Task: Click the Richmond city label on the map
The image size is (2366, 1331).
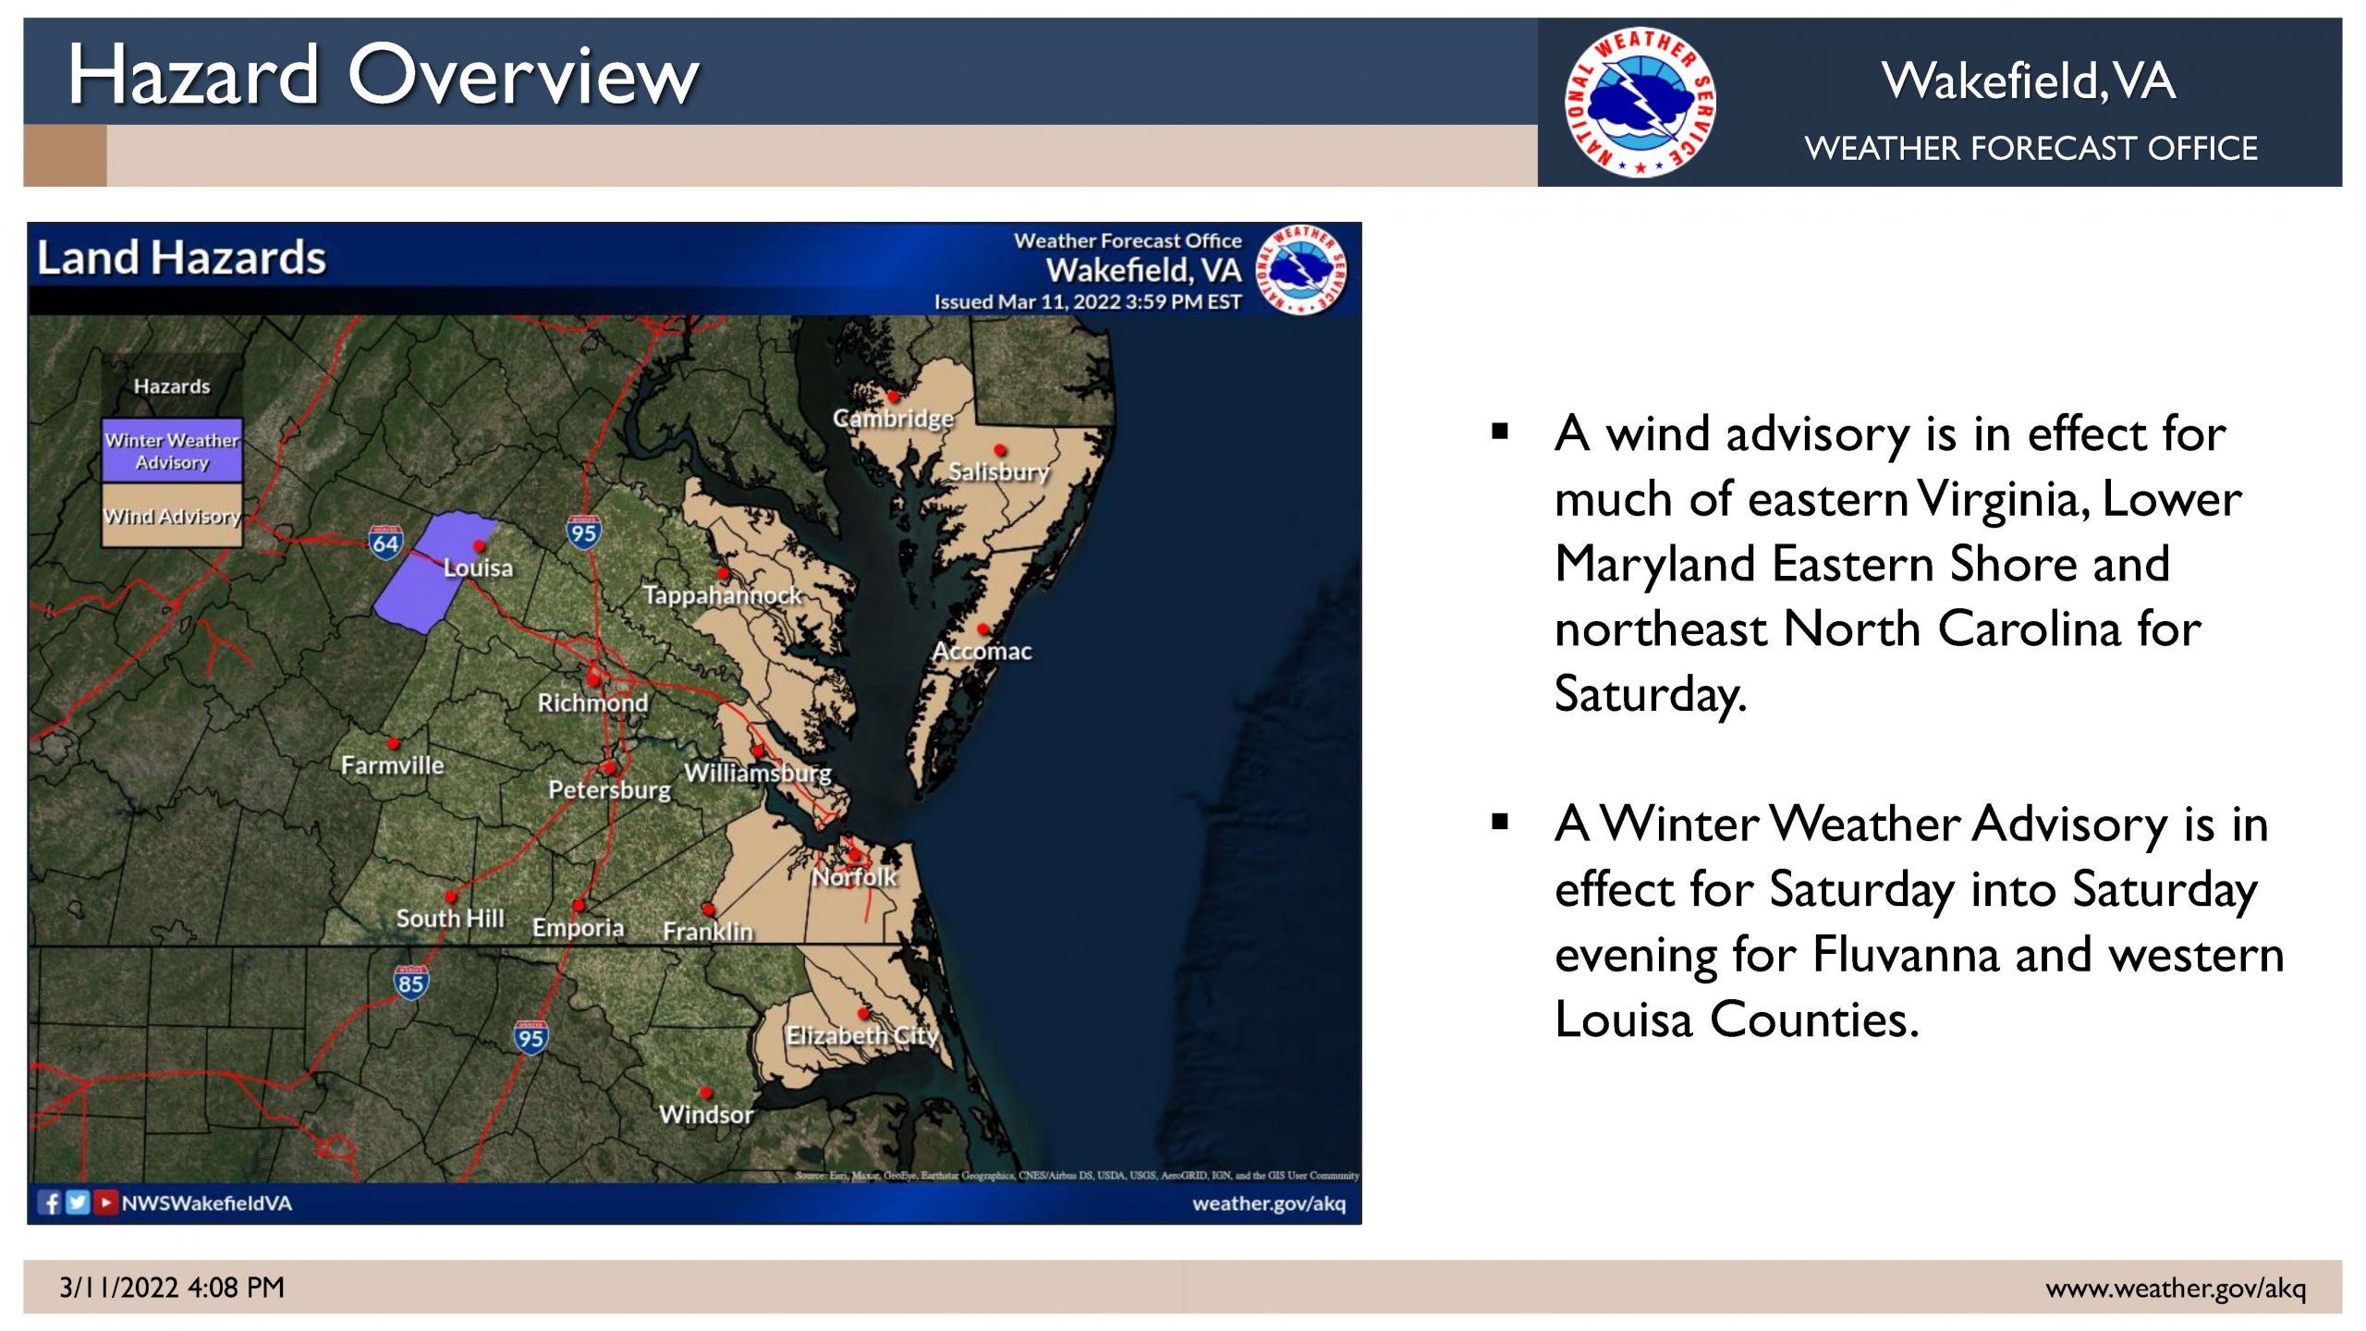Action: (x=592, y=702)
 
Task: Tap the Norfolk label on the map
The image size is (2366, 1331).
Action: (x=854, y=876)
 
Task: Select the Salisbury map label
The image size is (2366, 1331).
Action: (x=999, y=471)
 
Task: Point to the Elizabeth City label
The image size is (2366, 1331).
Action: (x=861, y=1035)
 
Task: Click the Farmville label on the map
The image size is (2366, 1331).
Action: (x=392, y=765)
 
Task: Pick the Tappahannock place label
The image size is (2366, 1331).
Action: (x=722, y=594)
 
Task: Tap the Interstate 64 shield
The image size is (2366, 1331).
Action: (x=385, y=543)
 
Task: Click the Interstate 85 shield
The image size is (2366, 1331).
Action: (x=410, y=983)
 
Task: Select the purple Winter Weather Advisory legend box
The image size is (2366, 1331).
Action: (x=172, y=450)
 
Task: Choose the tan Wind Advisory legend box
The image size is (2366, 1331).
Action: (x=172, y=516)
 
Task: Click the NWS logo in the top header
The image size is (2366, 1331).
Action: (x=1640, y=102)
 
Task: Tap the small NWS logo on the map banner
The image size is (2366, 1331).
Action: (x=1303, y=270)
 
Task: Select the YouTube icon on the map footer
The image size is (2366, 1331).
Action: (x=106, y=1203)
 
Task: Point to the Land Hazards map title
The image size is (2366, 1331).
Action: (x=181, y=257)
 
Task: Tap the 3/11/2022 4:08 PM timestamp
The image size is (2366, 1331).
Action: (x=172, y=1287)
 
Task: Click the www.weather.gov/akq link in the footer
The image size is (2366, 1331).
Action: (x=2176, y=1288)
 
